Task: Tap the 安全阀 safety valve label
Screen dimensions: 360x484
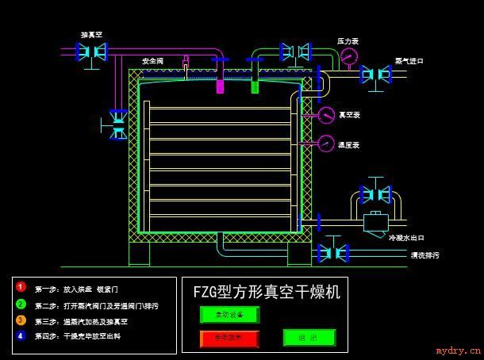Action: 153,60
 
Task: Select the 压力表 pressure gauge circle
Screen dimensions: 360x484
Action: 348,56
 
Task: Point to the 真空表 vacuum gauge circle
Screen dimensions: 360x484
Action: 327,116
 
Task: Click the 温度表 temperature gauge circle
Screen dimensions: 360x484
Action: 326,144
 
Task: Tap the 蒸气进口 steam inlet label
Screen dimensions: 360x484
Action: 409,61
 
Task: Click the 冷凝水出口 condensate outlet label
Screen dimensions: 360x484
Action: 407,237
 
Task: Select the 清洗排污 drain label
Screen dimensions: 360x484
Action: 424,255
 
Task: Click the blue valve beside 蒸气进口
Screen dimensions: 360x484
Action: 375,75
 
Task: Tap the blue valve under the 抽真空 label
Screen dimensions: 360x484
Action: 91,52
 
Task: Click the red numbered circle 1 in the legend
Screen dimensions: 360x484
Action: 21,287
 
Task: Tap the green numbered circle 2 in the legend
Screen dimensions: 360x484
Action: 21,304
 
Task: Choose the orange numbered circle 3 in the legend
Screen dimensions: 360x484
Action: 21,320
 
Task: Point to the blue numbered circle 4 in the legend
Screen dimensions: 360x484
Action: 21,336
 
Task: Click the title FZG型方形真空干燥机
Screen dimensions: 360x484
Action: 267,292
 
